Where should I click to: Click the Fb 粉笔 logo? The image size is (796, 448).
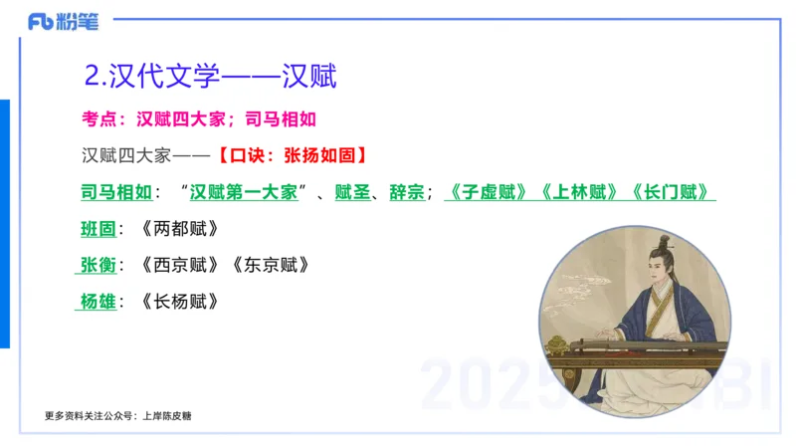(62, 21)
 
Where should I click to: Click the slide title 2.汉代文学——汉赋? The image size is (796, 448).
(211, 76)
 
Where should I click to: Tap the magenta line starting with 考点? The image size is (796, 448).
(198, 119)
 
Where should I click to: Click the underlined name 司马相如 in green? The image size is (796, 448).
(116, 192)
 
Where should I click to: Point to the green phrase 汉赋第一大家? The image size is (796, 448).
(245, 192)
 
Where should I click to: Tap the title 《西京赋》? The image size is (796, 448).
(179, 266)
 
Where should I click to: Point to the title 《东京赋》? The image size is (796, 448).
(270, 266)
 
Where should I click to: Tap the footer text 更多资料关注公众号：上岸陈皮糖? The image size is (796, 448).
(118, 415)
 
